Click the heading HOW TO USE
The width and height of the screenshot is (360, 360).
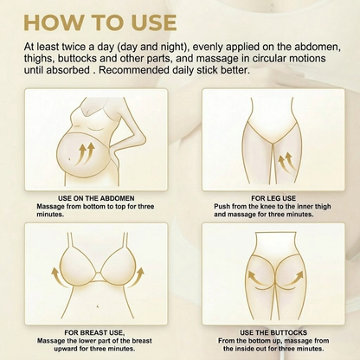point(100,22)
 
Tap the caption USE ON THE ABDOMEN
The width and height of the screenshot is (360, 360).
point(96,198)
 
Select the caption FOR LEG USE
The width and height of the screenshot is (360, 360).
point(273,198)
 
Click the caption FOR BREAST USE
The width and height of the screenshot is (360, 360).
point(94,332)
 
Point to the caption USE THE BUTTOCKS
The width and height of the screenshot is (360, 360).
point(273,332)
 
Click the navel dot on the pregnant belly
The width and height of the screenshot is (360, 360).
point(70,158)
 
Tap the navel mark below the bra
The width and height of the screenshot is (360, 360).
point(98,305)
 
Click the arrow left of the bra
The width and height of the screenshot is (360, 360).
point(57,275)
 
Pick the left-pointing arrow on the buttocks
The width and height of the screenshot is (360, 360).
point(258,278)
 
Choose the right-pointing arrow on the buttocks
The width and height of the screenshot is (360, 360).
point(292,278)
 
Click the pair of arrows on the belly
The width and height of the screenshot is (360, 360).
point(86,153)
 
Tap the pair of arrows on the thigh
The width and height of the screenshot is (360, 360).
point(286,163)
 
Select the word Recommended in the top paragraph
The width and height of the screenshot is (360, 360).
point(133,70)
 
